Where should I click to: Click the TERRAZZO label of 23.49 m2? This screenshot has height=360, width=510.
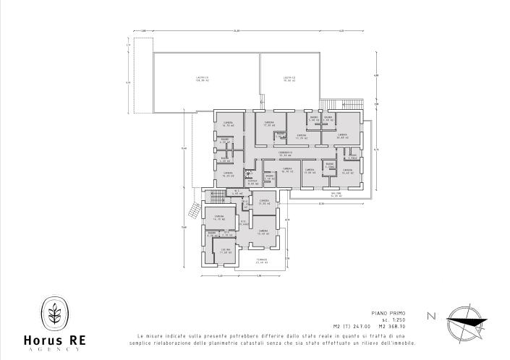(262, 261)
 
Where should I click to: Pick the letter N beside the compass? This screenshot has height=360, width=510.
(432, 316)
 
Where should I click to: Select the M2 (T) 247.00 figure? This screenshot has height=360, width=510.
(367, 327)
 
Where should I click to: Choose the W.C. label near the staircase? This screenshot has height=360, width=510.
(237, 192)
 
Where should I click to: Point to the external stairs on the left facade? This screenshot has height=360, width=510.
(193, 210)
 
